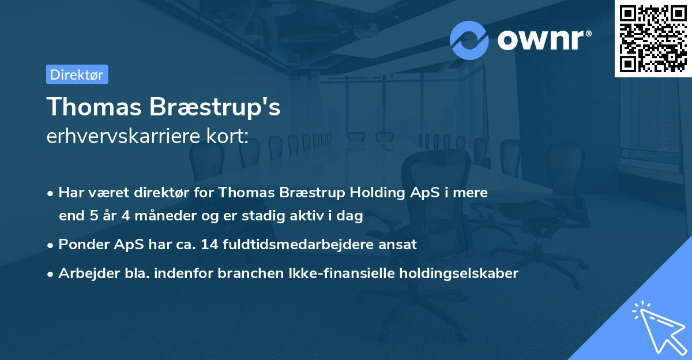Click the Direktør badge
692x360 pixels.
[x=77, y=74]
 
